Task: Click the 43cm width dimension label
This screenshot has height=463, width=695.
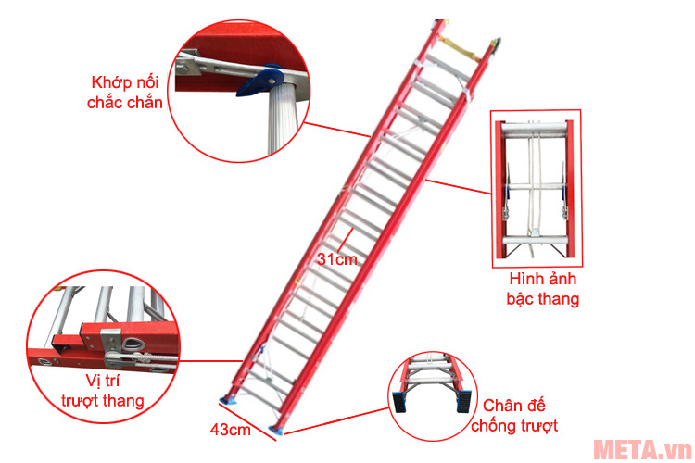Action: [230, 430]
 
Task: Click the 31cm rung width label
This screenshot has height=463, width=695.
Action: [337, 259]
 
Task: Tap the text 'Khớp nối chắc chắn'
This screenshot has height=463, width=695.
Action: [124, 93]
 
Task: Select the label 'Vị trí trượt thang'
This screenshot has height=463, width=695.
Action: [102, 391]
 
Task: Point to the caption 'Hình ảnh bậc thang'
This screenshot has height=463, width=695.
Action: [543, 288]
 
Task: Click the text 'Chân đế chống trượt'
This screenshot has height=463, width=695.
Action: [514, 416]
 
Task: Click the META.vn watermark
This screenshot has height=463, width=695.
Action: [642, 449]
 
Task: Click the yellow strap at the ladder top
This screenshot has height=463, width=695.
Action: [460, 48]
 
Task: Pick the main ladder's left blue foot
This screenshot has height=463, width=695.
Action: [230, 401]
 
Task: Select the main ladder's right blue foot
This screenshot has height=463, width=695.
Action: [277, 431]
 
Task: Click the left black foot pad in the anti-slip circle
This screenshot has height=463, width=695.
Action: [398, 402]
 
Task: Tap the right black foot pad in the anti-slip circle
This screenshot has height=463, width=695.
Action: [463, 401]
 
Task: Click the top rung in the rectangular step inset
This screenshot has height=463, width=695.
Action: [535, 129]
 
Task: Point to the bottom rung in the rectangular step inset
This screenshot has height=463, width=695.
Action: [535, 241]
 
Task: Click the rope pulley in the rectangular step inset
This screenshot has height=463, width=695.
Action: [535, 231]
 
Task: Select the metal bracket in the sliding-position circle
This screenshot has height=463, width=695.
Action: [111, 349]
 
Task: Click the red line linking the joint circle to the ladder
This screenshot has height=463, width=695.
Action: [337, 130]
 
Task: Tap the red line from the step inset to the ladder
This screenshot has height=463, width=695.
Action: [459, 187]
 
